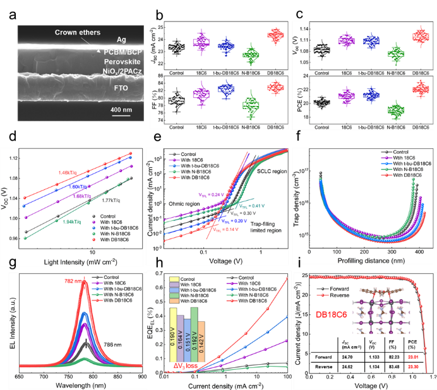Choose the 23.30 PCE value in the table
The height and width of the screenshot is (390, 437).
pos(416,366)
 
